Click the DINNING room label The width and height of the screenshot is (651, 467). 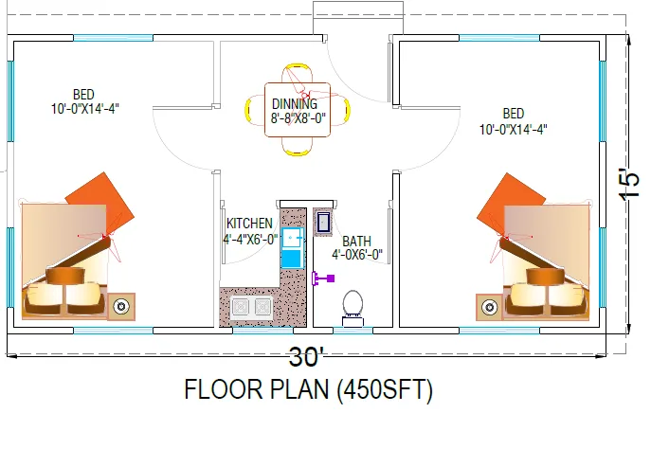295,104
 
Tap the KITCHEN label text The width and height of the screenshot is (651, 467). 249,224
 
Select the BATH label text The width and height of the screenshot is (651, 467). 356,242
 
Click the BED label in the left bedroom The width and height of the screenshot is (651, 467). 83,94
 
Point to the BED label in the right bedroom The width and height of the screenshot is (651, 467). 514,114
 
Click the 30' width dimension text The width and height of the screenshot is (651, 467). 306,356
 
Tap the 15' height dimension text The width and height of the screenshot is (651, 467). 629,184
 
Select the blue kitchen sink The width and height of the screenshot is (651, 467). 292,248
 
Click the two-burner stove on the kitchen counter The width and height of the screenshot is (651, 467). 251,307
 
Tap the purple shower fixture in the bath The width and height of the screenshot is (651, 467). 323,278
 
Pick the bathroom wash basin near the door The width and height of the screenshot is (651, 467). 323,223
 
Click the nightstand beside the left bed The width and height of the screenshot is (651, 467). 121,307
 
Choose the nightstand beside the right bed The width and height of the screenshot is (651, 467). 489,307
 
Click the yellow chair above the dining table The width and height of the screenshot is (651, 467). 298,74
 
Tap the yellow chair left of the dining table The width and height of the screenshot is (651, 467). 255,110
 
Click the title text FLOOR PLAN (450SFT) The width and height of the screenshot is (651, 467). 309,389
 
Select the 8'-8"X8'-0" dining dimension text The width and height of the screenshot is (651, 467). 298,118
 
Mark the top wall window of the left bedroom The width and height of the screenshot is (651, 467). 114,38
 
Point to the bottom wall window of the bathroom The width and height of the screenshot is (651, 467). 353,331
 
